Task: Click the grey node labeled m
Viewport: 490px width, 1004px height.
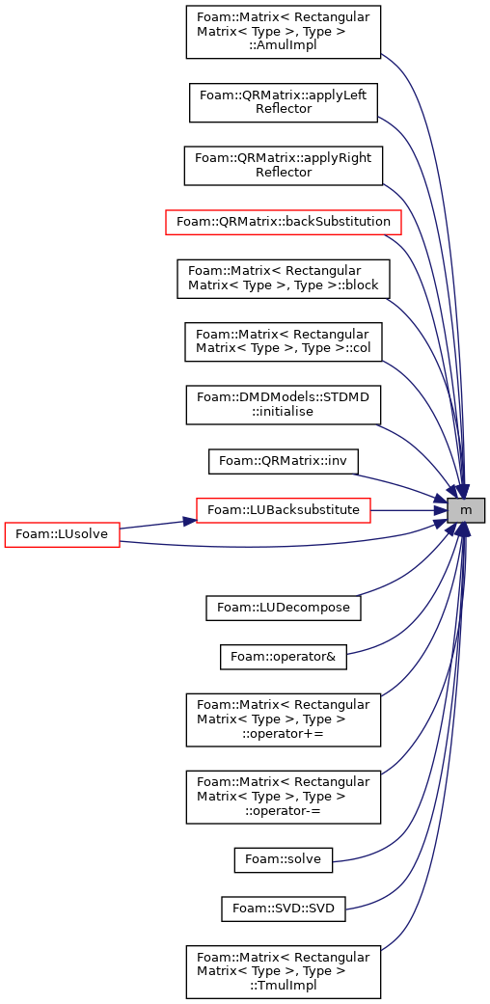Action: pos(466,509)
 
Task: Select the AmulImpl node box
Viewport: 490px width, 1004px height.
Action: pos(284,32)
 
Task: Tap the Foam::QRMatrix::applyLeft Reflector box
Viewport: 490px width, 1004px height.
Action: pos(284,102)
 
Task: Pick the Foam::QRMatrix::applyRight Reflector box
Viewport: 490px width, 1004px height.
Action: pos(284,166)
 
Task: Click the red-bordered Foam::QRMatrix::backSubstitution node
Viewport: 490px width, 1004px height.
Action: pos(284,222)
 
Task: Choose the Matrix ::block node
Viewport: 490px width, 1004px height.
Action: pos(284,279)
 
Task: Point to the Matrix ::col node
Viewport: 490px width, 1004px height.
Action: pos(284,342)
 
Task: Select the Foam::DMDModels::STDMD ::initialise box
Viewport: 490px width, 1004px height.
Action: pos(284,405)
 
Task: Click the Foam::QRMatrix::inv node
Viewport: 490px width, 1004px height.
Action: pos(284,461)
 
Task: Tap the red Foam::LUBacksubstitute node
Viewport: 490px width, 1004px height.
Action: pos(284,509)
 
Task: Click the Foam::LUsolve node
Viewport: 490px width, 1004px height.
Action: pos(62,534)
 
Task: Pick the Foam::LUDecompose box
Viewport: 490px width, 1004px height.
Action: pos(284,607)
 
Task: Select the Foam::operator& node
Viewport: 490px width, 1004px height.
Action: pos(284,657)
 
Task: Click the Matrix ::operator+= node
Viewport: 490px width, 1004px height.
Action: pos(284,719)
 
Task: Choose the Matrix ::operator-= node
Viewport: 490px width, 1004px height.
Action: pos(284,797)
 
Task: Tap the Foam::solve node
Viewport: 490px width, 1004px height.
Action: pos(284,859)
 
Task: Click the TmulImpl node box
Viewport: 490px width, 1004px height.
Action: pos(284,971)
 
